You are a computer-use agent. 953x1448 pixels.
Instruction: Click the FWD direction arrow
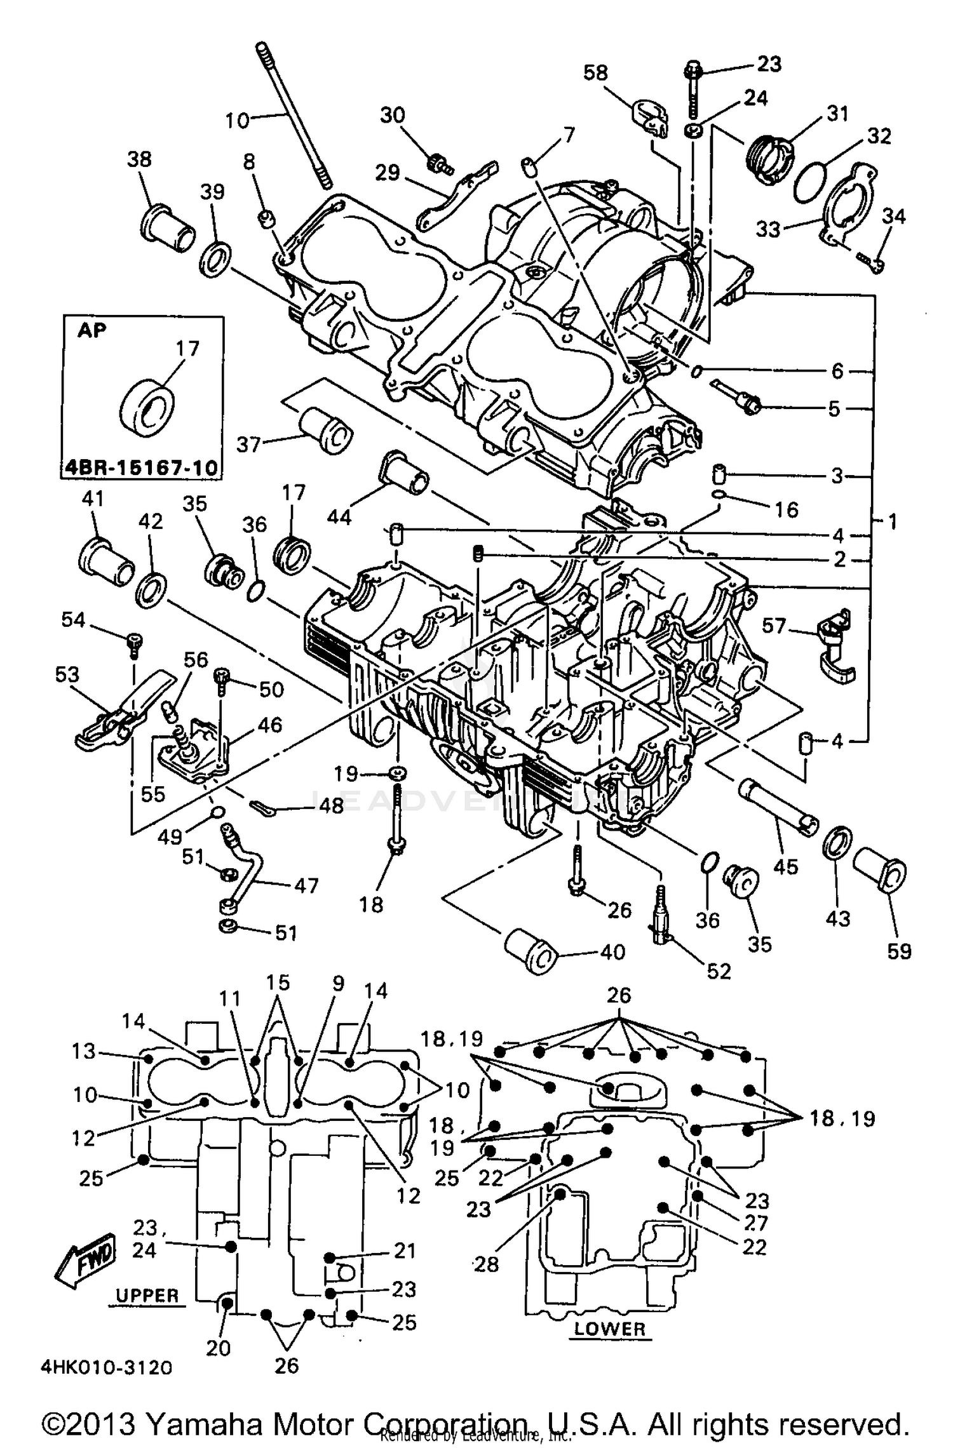(x=84, y=1259)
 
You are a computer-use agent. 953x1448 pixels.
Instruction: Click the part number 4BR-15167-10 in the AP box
(x=140, y=469)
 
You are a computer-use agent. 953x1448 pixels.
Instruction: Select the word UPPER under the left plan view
(x=147, y=1296)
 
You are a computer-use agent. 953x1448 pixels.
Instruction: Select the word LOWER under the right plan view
(x=609, y=1329)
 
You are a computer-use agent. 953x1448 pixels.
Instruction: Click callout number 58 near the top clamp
(x=595, y=72)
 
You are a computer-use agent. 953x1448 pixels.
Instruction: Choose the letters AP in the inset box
(x=92, y=330)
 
